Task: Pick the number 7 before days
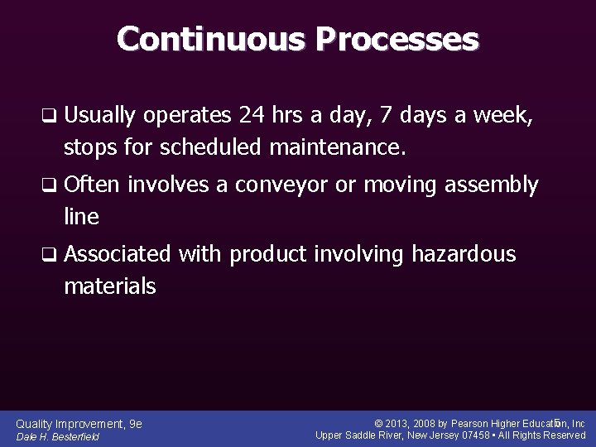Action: point(364,116)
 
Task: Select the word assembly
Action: point(492,185)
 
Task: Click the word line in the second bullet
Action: point(81,217)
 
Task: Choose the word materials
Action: point(109,286)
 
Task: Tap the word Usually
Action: point(100,116)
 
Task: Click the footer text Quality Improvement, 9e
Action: point(79,424)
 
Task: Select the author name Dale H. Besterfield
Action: point(58,437)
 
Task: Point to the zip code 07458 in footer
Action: point(475,435)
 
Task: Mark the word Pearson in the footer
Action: point(473,424)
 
